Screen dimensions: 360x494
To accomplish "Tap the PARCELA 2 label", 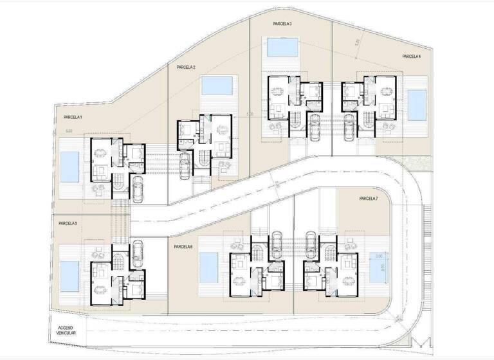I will point(186,67).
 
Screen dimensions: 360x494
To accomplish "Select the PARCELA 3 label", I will point(282,24).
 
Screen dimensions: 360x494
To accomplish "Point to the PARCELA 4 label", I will point(412,57).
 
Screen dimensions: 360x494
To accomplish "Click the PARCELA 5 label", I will point(68,223).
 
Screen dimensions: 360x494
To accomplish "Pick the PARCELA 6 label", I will point(183,246).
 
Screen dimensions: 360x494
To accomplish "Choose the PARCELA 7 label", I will point(369,199).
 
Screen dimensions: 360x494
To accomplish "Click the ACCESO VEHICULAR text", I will point(62,330).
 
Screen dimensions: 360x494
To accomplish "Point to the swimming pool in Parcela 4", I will point(417,105).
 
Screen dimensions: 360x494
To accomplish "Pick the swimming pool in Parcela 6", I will point(208,267).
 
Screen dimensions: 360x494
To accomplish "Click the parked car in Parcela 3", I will point(315,127).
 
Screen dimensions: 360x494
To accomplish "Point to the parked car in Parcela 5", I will point(137,253).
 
